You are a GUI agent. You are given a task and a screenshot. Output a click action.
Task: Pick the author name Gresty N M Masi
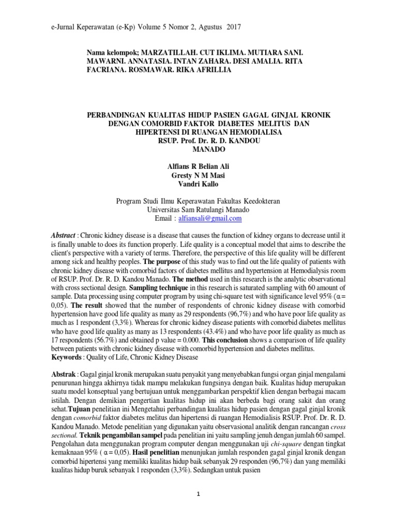point(198,175)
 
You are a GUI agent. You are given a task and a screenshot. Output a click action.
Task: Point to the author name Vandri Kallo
point(198,184)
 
